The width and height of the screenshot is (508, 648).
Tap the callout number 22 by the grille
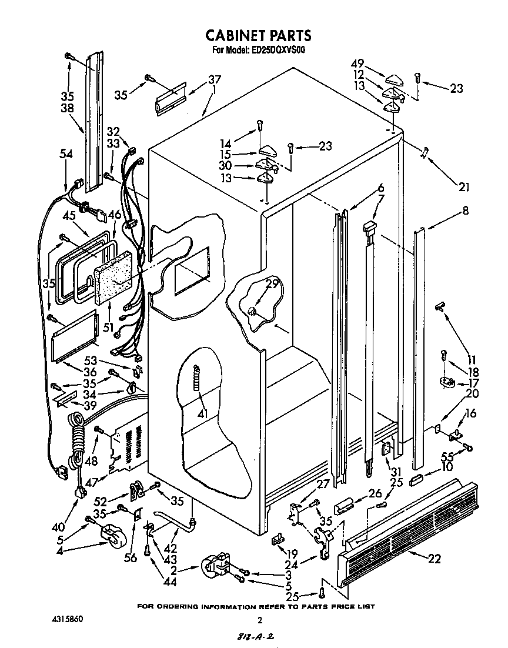[x=434, y=559]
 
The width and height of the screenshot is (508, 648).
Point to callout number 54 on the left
[x=66, y=154]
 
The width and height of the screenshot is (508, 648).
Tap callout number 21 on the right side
[x=464, y=188]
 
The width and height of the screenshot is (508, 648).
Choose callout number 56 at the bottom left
[x=131, y=557]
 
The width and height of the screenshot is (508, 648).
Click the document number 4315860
[x=67, y=619]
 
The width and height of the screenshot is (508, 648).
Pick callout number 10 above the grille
[x=446, y=467]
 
